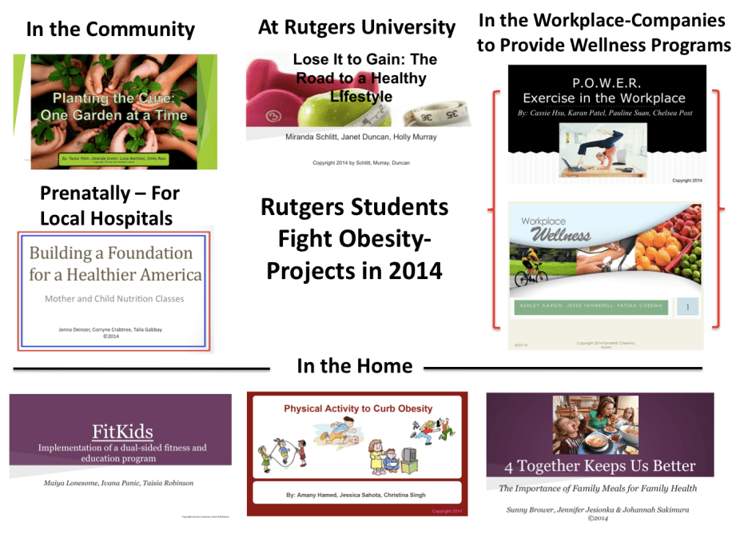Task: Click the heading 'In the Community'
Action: [110, 30]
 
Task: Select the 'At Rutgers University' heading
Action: [356, 27]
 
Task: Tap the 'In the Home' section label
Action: [354, 366]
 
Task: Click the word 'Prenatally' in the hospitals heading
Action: [85, 193]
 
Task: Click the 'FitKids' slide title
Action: [122, 432]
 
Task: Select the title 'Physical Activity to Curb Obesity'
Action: [358, 408]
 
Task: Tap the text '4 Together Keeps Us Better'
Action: [599, 466]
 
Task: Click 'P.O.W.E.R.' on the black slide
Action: [607, 82]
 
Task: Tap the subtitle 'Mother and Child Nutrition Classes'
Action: [113, 299]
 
